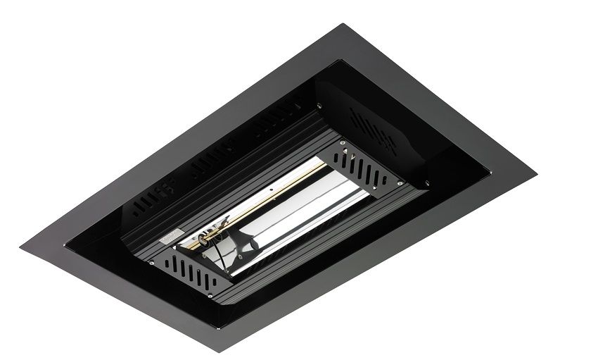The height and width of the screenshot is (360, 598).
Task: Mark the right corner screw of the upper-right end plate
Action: coord(386,186)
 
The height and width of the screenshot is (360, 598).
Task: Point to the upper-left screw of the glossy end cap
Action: coord(320,105)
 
